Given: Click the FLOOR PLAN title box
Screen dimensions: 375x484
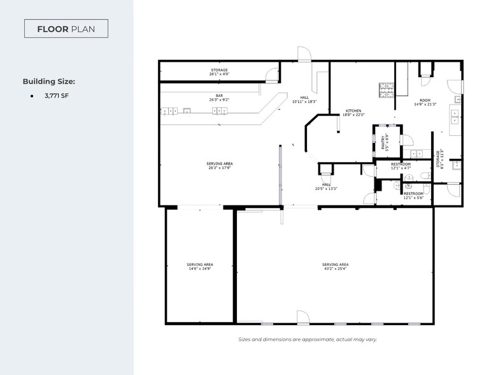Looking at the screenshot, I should pos(66,29).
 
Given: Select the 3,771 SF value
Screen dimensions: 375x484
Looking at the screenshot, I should pos(57,96).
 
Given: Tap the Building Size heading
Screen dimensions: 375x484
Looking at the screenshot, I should pos(49,82).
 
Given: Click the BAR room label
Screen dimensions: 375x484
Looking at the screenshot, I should pos(219,98).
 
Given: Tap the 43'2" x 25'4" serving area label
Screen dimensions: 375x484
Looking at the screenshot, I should pos(335,267).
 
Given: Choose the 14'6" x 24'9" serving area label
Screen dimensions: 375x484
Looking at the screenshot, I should pos(199,267).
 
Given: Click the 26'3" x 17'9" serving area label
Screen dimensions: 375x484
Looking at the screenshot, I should pos(219,166).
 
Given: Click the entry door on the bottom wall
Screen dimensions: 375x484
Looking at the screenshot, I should pos(302,317).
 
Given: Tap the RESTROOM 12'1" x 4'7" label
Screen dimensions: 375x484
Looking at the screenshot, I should pos(401,166).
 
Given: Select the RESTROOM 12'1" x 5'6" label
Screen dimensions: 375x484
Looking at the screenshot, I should pos(413,195).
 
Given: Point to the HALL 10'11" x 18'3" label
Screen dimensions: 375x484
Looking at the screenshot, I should pos(304,99).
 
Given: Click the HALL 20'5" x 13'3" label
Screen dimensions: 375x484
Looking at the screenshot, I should pos(326,186).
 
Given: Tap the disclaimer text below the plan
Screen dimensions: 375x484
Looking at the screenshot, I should pos(308,339).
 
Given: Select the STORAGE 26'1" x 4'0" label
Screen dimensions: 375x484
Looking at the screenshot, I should pos(219,71).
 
